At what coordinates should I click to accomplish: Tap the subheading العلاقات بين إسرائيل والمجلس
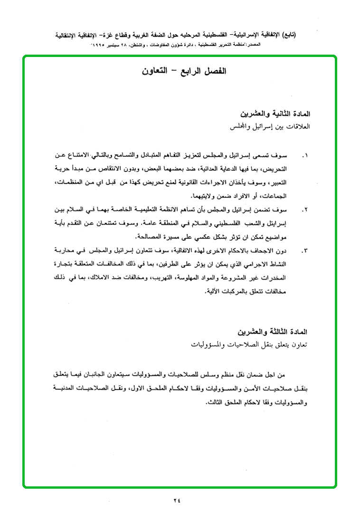tap(269, 128)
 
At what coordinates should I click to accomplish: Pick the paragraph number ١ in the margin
tap(305, 155)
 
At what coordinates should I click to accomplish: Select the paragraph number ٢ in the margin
tap(305, 209)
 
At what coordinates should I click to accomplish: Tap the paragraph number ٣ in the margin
tap(305, 250)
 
